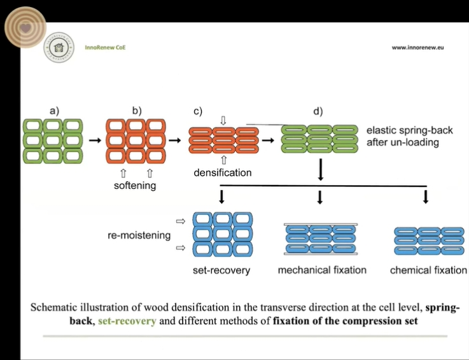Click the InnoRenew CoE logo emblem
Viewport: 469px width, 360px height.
point(59,48)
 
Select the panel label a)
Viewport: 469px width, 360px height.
point(54,111)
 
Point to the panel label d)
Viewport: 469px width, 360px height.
point(318,111)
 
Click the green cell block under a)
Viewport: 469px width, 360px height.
point(53,140)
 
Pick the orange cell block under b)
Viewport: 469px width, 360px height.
point(136,140)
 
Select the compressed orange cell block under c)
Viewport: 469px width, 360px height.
point(221,140)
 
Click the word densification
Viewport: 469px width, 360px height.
point(223,172)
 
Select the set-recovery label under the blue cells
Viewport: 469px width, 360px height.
point(221,270)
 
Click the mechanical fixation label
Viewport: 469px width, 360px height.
point(322,270)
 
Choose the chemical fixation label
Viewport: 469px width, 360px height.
point(428,270)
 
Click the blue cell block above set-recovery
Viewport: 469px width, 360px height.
point(222,234)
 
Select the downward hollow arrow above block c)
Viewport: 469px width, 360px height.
point(222,120)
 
